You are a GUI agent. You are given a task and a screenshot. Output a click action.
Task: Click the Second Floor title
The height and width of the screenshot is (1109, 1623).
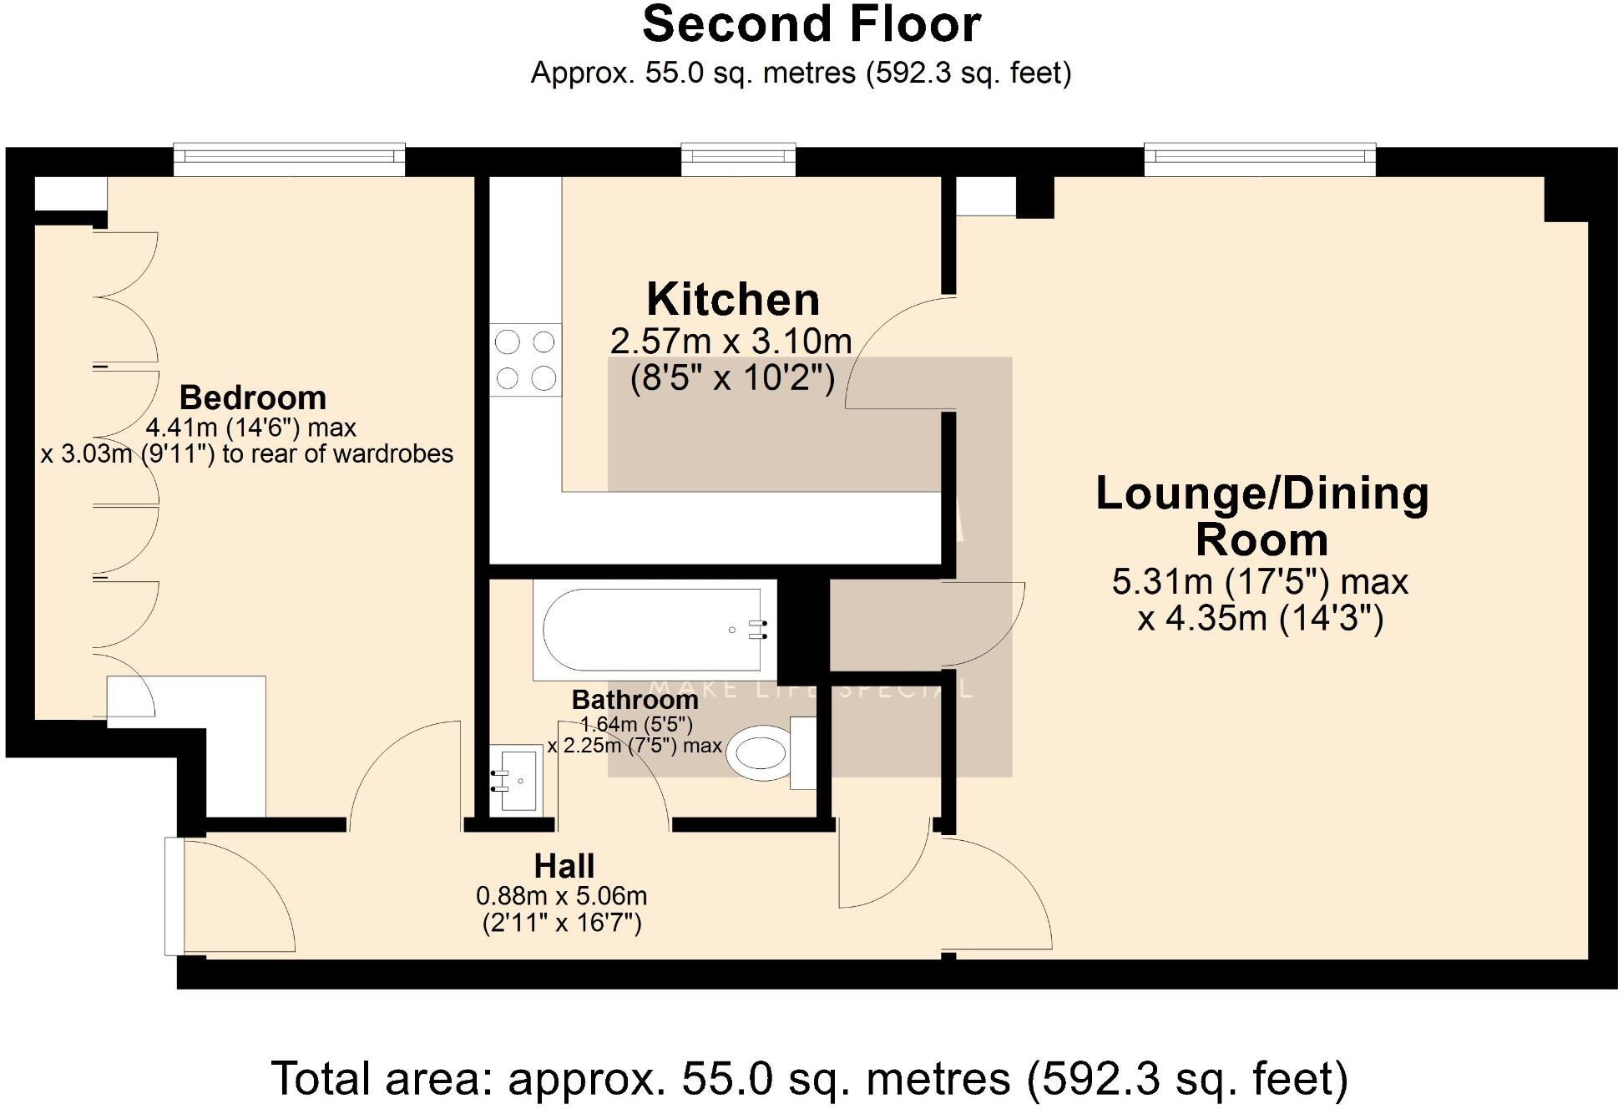click(x=811, y=25)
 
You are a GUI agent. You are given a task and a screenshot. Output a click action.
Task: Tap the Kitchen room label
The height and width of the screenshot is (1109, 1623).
click(x=733, y=299)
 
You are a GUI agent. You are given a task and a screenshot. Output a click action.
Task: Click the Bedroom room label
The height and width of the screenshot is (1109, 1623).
click(x=252, y=398)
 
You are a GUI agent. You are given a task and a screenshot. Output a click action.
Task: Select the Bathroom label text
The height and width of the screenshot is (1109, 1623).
click(x=635, y=700)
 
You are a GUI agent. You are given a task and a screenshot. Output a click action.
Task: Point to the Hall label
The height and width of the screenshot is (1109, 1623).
click(x=564, y=866)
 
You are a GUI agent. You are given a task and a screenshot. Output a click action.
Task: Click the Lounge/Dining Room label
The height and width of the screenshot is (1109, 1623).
click(x=1261, y=516)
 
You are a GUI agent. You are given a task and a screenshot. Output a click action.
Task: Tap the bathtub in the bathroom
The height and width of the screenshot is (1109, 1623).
click(x=652, y=630)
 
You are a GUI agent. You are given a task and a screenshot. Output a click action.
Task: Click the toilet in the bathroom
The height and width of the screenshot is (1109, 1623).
click(x=760, y=752)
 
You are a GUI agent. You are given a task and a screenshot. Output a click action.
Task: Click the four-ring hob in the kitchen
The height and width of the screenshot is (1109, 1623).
click(x=525, y=360)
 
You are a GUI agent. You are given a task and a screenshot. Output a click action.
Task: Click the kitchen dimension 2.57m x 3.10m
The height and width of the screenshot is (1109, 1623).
click(x=731, y=342)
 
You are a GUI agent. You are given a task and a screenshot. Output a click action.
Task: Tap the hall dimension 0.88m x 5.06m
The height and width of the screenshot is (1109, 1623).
click(x=561, y=897)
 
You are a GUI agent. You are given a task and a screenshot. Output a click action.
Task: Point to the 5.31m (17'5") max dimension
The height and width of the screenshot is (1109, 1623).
click(x=1260, y=582)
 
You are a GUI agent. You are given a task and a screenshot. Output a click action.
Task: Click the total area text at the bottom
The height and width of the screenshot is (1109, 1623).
click(x=809, y=1078)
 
